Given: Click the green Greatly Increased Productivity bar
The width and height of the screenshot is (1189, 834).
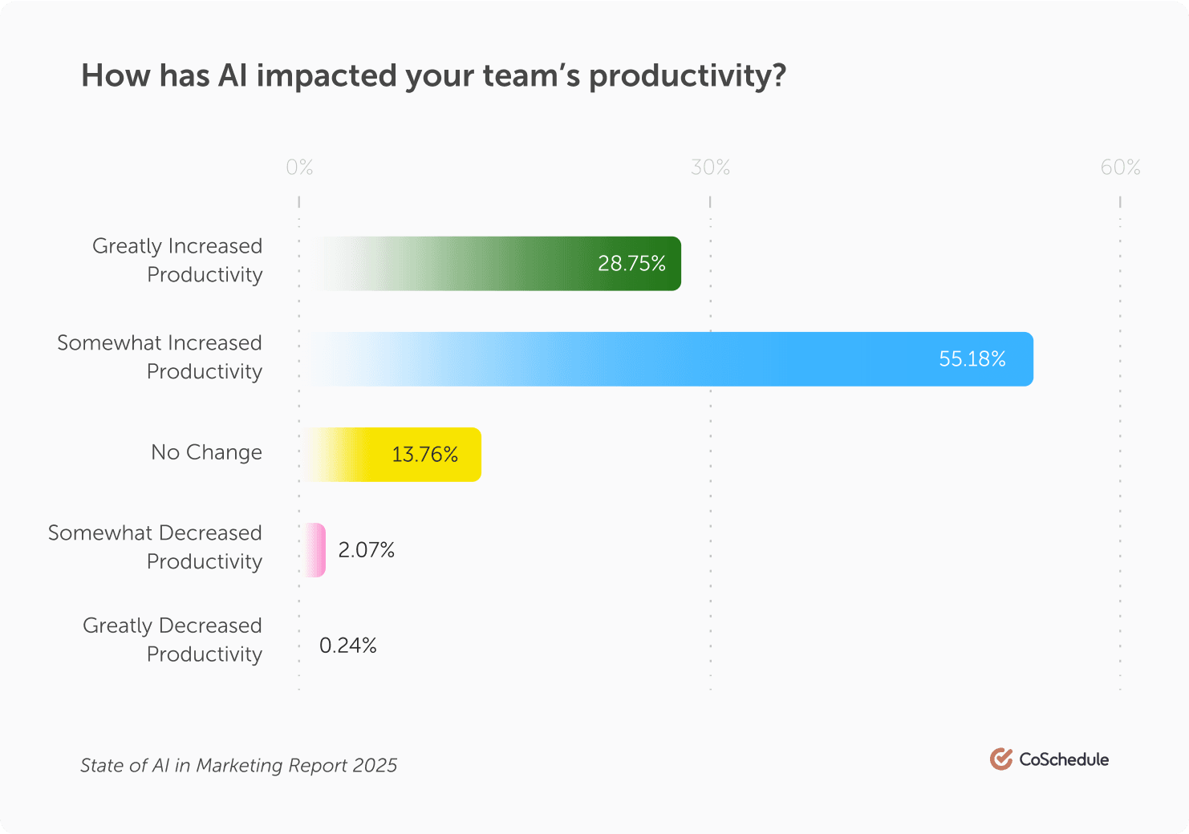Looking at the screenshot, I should pyautogui.click(x=497, y=264).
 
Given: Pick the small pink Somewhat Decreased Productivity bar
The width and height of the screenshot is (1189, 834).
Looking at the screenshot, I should pyautogui.click(x=316, y=550).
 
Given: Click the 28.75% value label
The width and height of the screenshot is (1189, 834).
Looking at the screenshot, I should pyautogui.click(x=631, y=264).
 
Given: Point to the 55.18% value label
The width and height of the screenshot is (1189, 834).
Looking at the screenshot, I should pyautogui.click(x=972, y=359).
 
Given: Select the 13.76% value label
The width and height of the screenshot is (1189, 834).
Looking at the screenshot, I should pyautogui.click(x=424, y=455).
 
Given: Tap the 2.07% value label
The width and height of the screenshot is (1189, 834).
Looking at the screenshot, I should pyautogui.click(x=367, y=550).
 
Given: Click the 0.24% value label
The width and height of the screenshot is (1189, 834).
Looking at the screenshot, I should pyautogui.click(x=348, y=646).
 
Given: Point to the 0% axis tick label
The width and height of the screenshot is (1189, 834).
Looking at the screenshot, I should pyautogui.click(x=299, y=168).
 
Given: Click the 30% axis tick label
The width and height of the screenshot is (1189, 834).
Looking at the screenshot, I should pyautogui.click(x=710, y=168).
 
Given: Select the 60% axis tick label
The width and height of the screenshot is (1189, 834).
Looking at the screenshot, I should pyautogui.click(x=1120, y=168).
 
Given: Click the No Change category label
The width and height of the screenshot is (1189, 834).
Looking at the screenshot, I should pyautogui.click(x=206, y=452).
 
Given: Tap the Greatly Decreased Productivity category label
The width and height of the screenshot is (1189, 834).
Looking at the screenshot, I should pyautogui.click(x=172, y=640).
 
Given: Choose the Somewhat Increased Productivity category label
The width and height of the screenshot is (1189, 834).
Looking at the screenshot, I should pyautogui.click(x=160, y=357).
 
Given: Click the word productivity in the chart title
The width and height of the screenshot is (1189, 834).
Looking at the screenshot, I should pyautogui.click(x=687, y=76).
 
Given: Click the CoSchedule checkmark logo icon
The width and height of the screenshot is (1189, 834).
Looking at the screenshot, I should pyautogui.click(x=1000, y=759).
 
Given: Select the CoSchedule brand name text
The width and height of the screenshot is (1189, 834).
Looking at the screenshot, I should pyautogui.click(x=1064, y=759).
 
